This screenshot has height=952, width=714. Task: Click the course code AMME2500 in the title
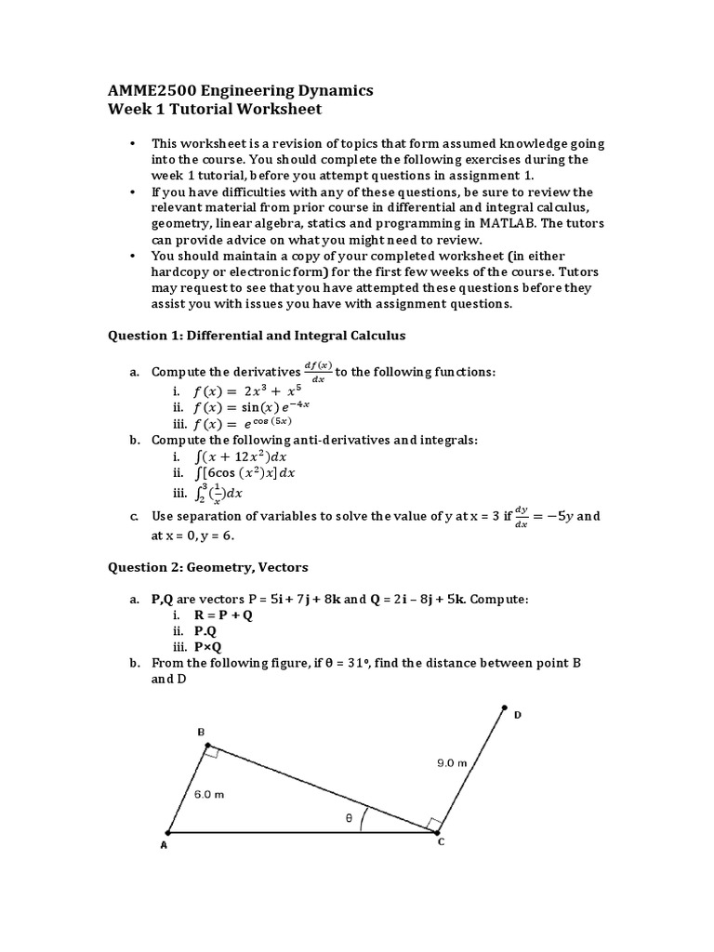149,90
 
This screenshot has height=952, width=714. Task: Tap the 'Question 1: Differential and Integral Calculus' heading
257,335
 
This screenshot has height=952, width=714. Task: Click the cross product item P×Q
207,647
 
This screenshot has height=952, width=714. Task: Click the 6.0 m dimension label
209,795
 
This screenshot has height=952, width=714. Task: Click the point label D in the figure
518,714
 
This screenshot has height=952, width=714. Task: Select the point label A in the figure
163,846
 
